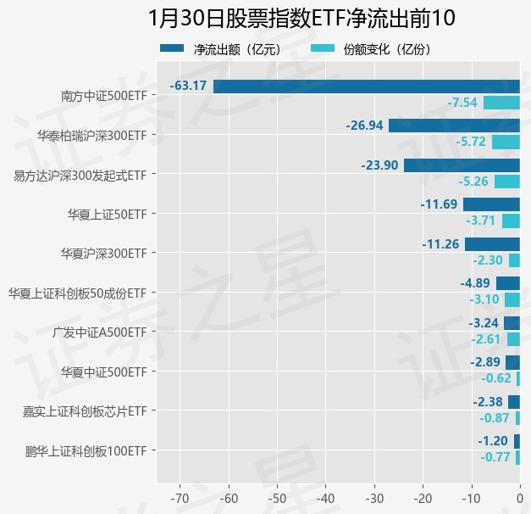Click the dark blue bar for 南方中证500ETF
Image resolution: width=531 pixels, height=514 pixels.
click(x=366, y=86)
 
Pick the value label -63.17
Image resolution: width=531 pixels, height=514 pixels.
click(x=188, y=86)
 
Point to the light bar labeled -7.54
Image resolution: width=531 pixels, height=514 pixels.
click(x=501, y=103)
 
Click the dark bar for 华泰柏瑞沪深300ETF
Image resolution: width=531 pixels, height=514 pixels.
click(x=454, y=126)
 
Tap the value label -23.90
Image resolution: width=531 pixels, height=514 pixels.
click(x=379, y=165)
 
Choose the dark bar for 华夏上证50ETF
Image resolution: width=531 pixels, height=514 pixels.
click(x=491, y=204)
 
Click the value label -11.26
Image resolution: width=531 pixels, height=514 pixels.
click(x=440, y=244)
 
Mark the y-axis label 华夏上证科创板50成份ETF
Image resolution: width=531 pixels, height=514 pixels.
click(x=78, y=293)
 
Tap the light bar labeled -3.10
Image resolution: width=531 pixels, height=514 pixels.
click(x=512, y=299)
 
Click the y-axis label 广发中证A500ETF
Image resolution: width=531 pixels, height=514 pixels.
click(x=99, y=332)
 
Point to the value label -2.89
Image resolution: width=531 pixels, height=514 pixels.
click(x=486, y=362)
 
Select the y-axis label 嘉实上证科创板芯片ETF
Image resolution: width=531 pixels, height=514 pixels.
click(x=85, y=411)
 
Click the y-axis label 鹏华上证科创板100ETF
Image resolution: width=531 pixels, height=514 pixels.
click(x=86, y=450)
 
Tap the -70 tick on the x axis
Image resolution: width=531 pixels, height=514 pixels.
click(x=180, y=496)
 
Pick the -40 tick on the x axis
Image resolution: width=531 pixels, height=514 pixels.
click(x=325, y=496)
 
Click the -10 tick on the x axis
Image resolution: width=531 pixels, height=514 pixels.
click(x=471, y=496)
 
